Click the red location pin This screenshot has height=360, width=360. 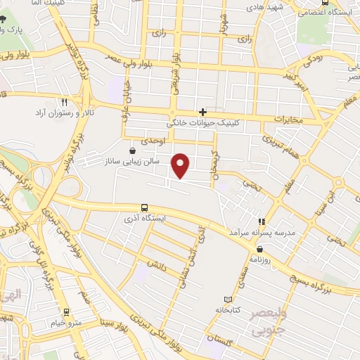181,165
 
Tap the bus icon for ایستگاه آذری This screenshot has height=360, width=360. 144,207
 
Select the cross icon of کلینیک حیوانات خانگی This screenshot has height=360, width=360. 202,112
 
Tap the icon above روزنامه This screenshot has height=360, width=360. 260,248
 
